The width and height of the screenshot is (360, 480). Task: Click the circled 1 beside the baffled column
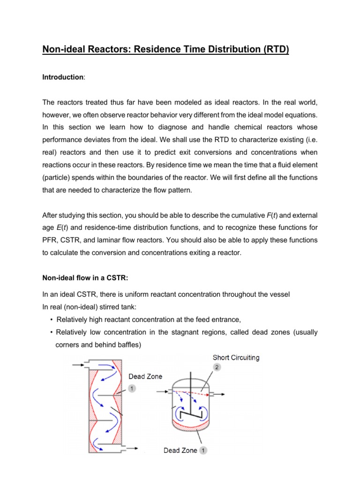132,389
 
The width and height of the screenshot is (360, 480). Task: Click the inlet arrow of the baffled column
77,364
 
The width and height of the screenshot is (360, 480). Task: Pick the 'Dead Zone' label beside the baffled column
145,376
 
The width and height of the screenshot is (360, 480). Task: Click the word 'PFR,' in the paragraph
51,240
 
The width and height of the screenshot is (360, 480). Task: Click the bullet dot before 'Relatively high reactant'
51,320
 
